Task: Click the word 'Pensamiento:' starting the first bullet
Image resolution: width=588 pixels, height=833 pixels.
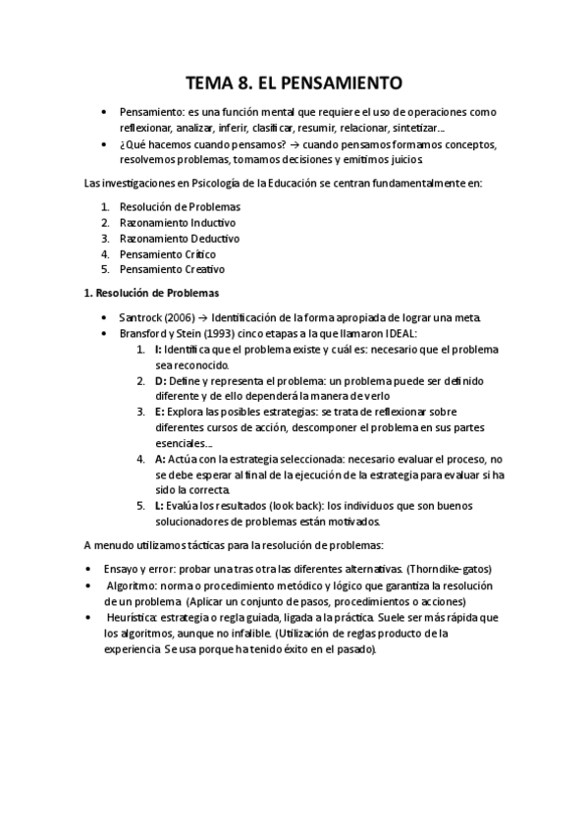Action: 150,112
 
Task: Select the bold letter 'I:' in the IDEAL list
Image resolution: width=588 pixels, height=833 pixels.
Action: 158,350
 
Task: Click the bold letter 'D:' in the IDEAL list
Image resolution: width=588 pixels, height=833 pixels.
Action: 160,380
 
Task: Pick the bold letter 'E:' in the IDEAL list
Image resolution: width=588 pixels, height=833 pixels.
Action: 159,412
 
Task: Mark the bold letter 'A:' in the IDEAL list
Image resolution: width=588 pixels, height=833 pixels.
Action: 160,459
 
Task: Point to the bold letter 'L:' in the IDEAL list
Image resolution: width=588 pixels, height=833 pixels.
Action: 159,506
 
